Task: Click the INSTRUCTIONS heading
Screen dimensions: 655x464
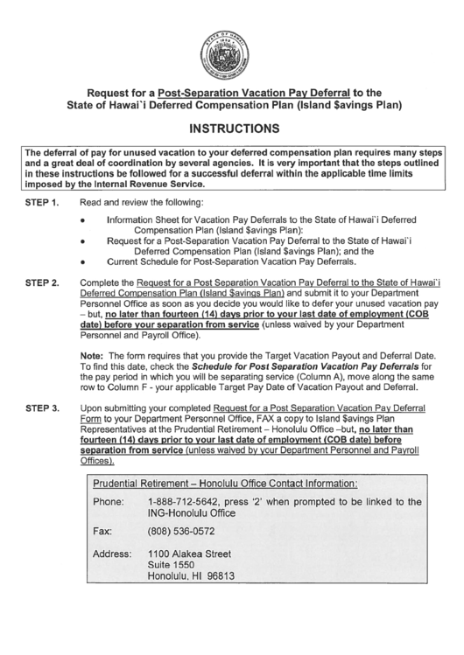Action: (231, 128)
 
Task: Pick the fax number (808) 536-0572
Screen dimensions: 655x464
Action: (181, 531)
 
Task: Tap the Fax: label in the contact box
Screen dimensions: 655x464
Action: (103, 531)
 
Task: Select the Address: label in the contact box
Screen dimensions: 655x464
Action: (113, 554)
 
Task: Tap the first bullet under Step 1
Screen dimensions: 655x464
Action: (81, 222)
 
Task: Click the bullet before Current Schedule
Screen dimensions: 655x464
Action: (81, 262)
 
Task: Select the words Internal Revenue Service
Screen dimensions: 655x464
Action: (150, 185)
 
